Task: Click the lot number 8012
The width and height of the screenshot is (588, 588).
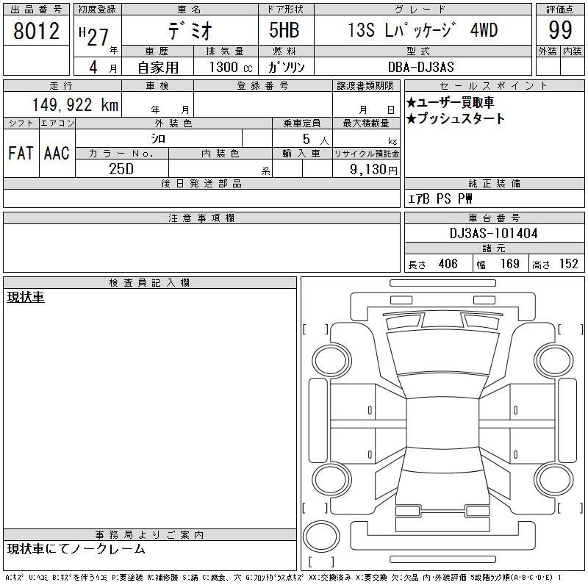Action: pos(36,31)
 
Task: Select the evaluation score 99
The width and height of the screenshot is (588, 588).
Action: pos(560,30)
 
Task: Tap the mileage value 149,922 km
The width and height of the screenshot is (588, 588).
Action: pos(75,104)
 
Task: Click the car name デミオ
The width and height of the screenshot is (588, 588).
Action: pos(190,30)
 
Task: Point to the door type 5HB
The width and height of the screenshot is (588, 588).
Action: pos(284,30)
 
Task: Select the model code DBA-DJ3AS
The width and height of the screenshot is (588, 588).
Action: pos(420,67)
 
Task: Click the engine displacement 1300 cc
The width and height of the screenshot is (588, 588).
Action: pos(231,67)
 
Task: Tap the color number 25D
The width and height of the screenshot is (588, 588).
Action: pos(121,169)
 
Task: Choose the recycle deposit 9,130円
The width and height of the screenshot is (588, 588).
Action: pos(373,170)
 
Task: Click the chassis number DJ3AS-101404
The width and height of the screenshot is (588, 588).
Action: pos(493,233)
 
